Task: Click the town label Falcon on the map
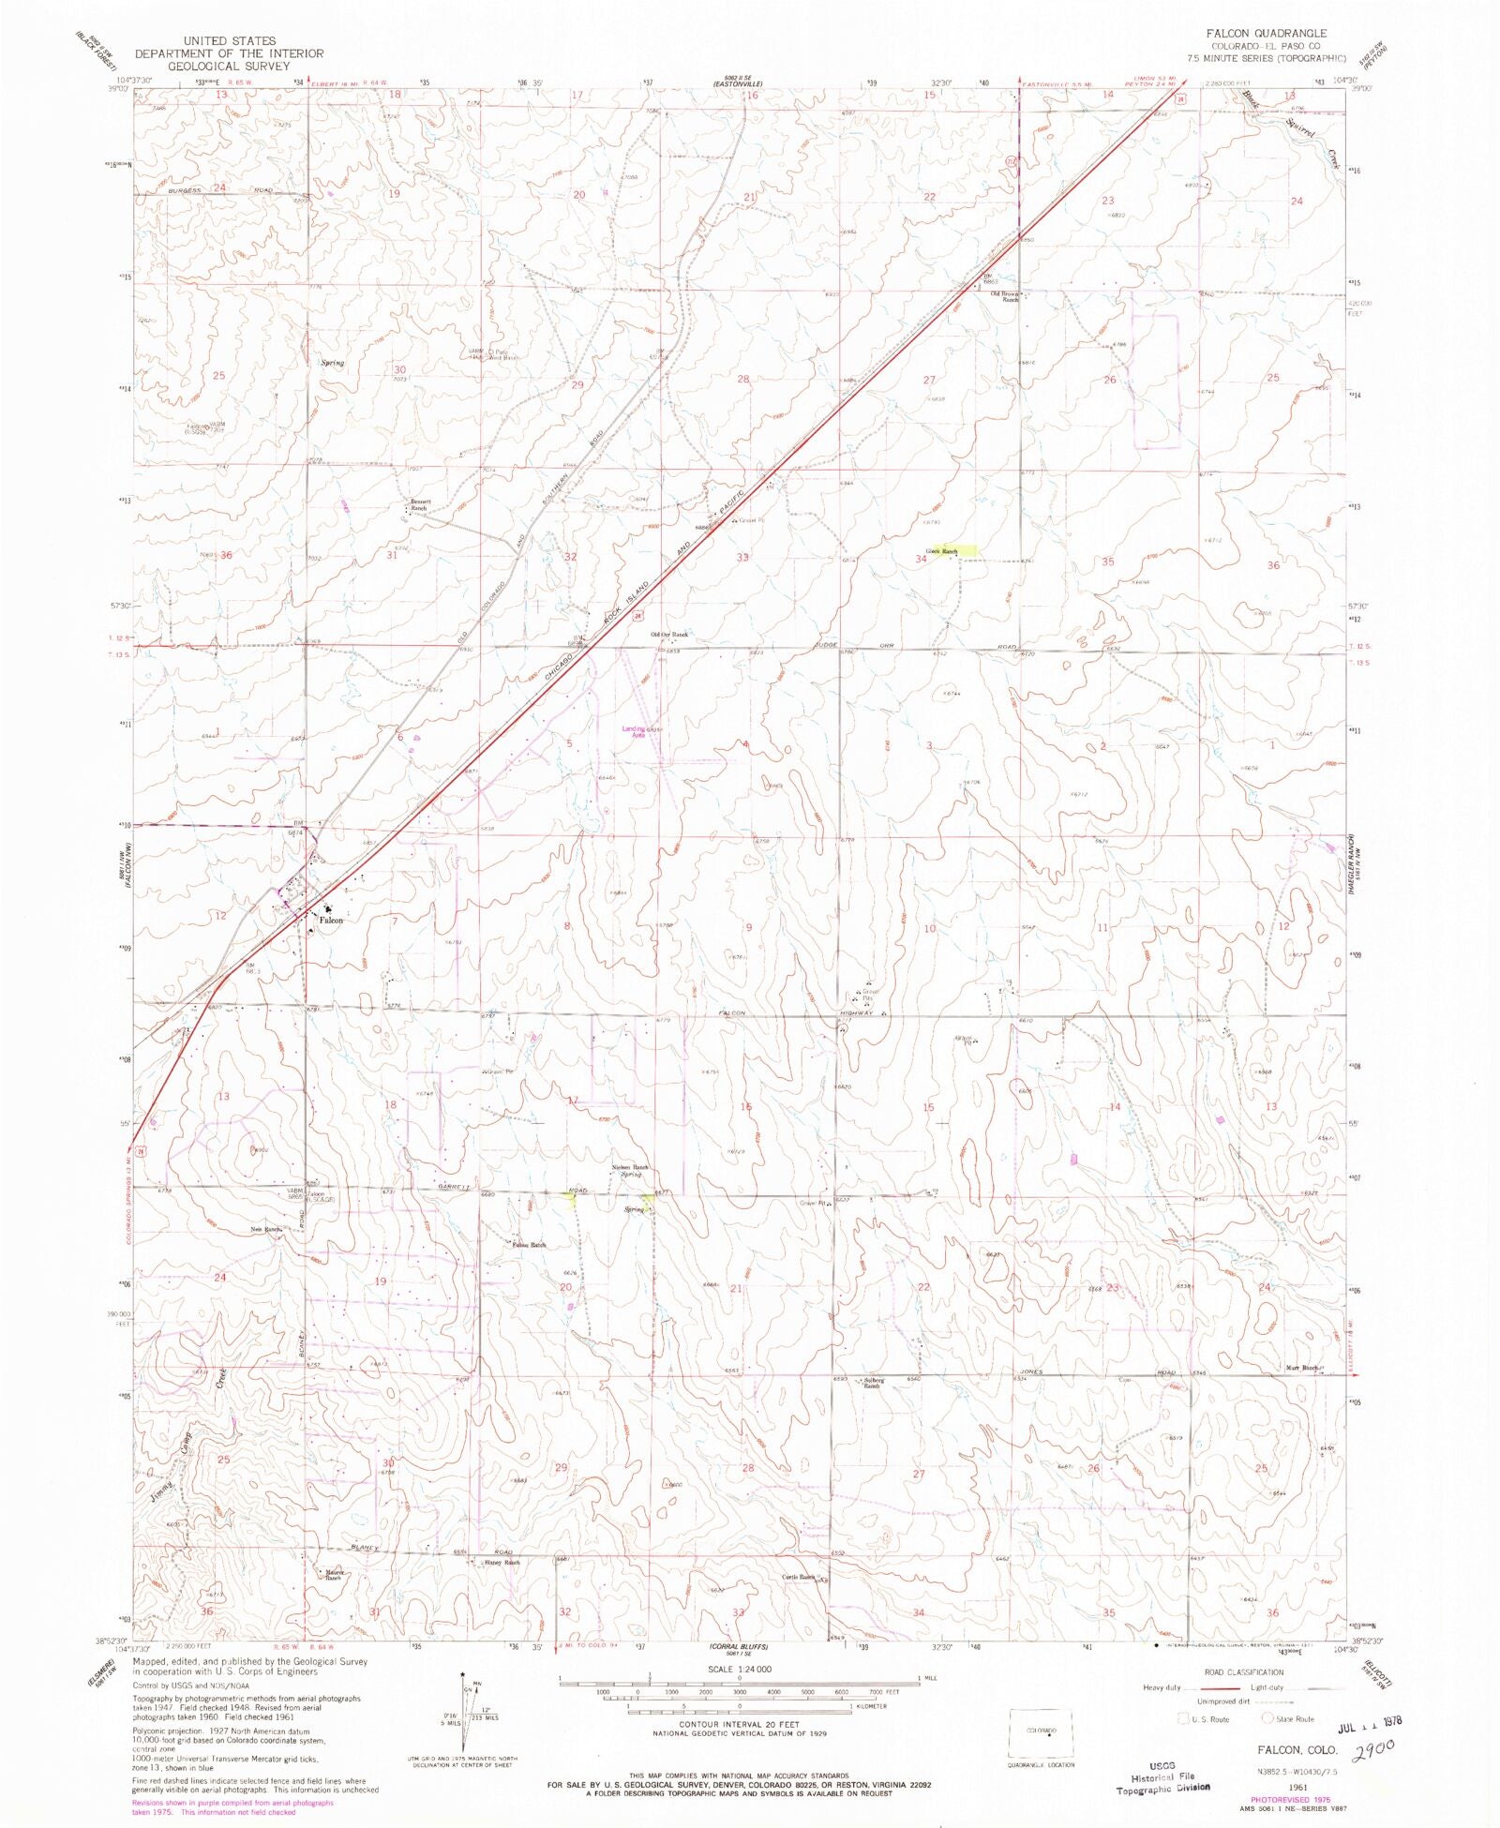(331, 920)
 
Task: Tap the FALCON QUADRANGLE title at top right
(1267, 34)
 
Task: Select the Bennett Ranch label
(417, 504)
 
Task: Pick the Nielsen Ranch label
(629, 1170)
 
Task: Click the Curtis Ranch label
(799, 1577)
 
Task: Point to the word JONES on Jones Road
(1030, 1371)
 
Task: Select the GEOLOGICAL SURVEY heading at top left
(230, 67)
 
